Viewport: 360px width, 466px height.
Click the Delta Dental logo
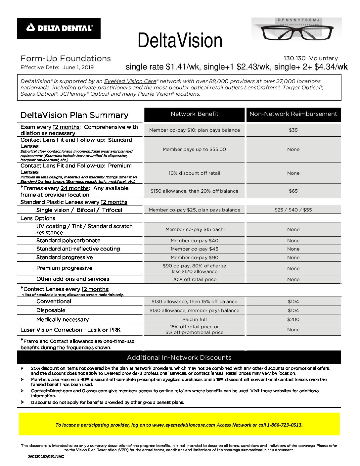click(59, 28)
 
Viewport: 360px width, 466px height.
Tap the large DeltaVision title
click(180, 40)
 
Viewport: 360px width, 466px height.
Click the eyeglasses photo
click(296, 29)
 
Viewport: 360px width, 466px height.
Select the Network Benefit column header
click(194, 114)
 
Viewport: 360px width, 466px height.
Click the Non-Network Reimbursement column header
click(293, 114)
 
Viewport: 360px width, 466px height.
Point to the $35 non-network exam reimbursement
click(293, 130)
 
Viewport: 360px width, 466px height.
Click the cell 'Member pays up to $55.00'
click(194, 149)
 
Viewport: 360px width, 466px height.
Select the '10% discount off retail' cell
click(194, 173)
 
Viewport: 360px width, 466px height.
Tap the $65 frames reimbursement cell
click(293, 191)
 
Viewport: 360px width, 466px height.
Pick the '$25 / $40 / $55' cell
click(293, 210)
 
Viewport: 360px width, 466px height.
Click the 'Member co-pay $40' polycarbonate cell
click(194, 241)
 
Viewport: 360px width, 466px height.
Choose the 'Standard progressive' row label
click(65, 257)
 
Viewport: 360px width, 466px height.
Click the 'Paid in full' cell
click(194, 319)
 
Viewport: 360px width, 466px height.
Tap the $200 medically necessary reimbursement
click(293, 319)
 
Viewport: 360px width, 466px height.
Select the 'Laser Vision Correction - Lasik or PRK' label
click(70, 330)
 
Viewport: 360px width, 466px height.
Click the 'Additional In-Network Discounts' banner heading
click(179, 357)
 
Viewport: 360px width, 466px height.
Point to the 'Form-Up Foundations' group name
click(66, 59)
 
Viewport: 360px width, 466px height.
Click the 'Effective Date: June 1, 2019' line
click(57, 68)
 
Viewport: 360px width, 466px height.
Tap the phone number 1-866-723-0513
click(285, 425)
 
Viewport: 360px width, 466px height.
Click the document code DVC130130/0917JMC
click(46, 456)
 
